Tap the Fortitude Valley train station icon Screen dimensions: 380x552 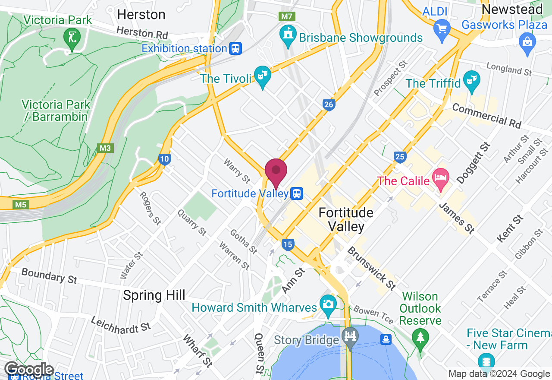(x=296, y=193)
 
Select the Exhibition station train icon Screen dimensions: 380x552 (x=235, y=48)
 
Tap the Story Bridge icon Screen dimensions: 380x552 (x=350, y=336)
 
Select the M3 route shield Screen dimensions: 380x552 (x=105, y=148)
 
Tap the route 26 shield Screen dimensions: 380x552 (x=329, y=104)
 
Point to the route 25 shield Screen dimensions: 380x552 (x=400, y=157)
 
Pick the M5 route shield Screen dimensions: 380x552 (x=21, y=204)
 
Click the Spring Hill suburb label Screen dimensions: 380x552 (x=154, y=295)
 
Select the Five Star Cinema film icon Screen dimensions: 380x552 (x=486, y=361)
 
